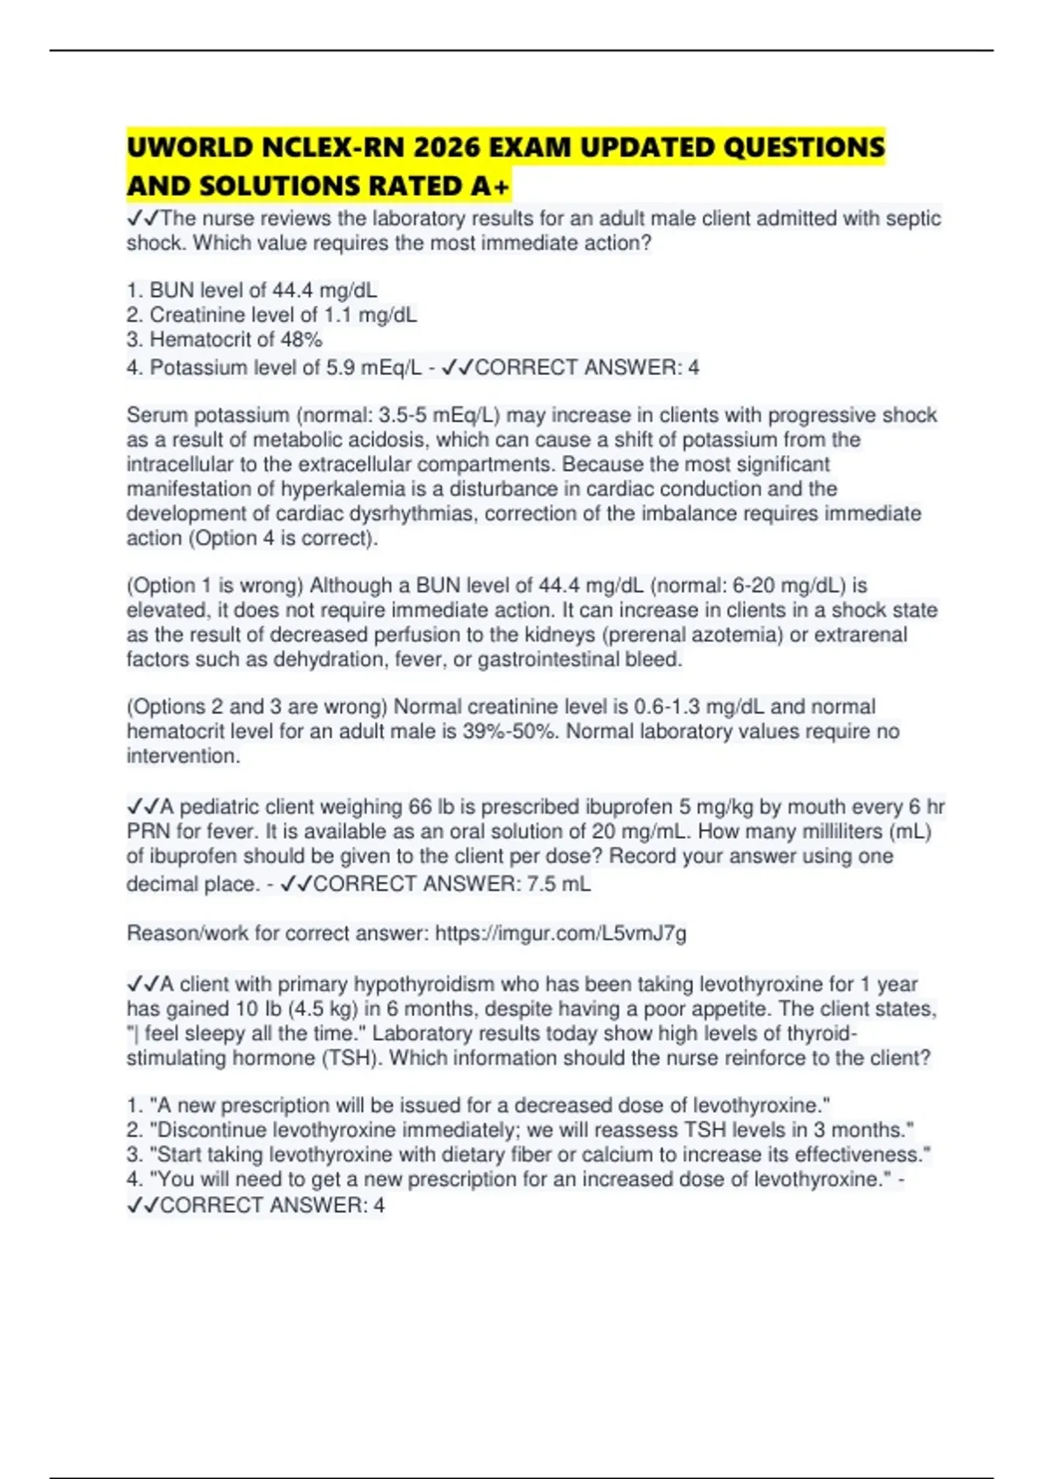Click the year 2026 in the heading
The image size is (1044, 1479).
click(x=446, y=148)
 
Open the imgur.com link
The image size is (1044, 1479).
click(x=560, y=934)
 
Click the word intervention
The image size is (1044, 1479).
click(x=182, y=756)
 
